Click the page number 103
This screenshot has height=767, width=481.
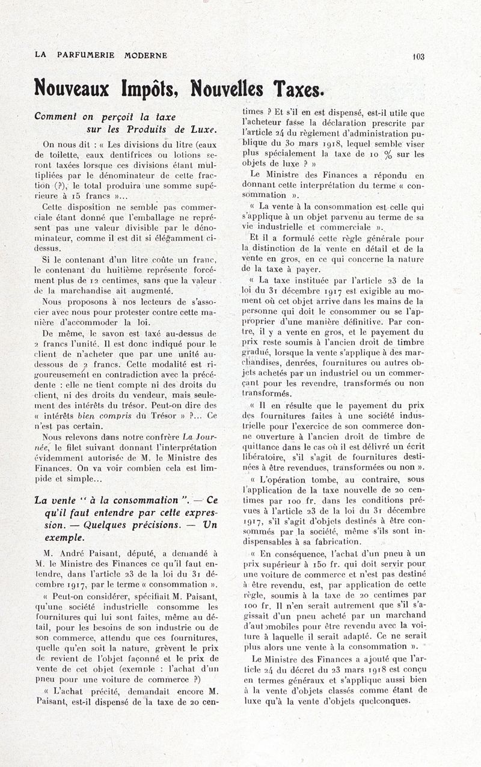pos(418,57)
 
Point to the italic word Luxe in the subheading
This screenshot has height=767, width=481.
pos(203,129)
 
